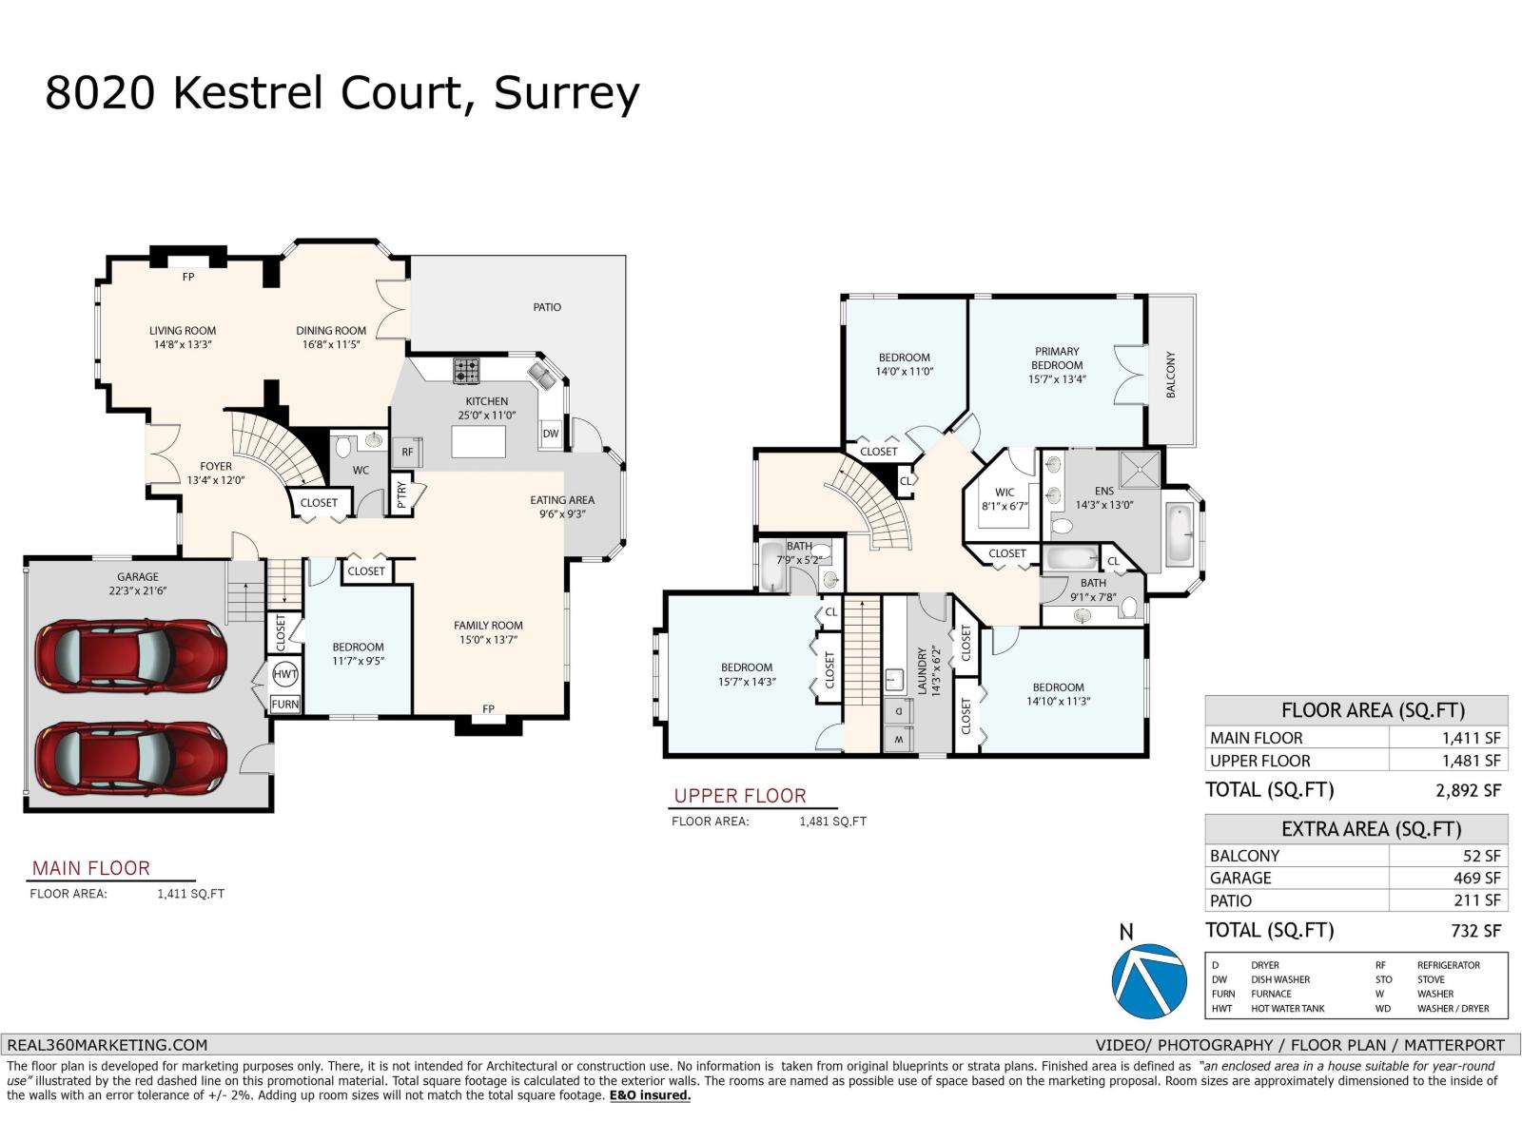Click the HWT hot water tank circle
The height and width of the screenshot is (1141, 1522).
285,674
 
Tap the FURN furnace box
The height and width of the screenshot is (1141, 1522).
285,705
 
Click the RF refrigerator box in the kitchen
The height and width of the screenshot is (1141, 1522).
407,453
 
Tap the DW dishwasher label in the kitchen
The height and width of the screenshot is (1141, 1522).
551,434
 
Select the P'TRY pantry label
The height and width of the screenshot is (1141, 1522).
401,496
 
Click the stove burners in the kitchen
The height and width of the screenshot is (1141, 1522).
466,369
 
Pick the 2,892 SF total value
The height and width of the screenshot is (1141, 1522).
1468,790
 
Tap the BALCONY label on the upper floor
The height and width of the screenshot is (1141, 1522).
1171,375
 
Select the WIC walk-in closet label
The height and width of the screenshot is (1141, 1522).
1005,493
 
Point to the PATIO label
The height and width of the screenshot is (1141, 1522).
547,307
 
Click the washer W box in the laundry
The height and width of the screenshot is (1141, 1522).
898,739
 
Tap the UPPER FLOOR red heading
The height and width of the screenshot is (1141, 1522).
739,796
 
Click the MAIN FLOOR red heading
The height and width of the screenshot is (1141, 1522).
90,868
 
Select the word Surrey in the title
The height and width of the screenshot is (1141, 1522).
566,94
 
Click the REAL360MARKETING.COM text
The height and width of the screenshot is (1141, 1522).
107,1044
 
